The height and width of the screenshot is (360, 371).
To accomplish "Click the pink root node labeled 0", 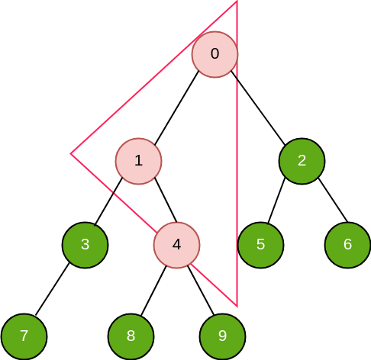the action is [215, 54].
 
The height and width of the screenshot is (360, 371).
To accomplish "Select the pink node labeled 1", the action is [139, 161].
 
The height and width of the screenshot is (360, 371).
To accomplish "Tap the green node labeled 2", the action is [302, 161].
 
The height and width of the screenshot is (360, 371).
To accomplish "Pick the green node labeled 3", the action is [85, 245].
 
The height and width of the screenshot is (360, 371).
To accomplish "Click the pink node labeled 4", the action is [176, 245].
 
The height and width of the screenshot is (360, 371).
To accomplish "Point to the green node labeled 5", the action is [260, 245].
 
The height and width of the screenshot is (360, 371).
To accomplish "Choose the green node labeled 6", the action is [347, 245].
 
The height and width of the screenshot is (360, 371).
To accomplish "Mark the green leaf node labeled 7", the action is [24, 336].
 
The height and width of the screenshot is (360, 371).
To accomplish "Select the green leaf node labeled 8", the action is [131, 336].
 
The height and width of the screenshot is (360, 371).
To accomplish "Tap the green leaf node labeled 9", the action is [222, 336].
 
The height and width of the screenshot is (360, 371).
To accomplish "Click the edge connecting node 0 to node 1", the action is [176, 108].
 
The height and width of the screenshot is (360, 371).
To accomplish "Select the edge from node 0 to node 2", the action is [258, 108].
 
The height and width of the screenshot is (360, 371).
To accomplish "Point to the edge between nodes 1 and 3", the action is [108, 202].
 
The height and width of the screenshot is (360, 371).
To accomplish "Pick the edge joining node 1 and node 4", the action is [166, 200].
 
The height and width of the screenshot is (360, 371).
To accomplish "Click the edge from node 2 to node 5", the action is [276, 201].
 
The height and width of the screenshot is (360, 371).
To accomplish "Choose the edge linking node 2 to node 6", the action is [333, 200].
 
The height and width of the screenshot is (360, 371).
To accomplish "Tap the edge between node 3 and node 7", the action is [52, 289].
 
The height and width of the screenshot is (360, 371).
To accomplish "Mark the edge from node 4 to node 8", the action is [153, 291].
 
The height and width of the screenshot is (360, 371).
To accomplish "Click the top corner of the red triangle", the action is [237, 2].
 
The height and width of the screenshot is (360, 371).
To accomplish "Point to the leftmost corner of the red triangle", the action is [71, 153].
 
